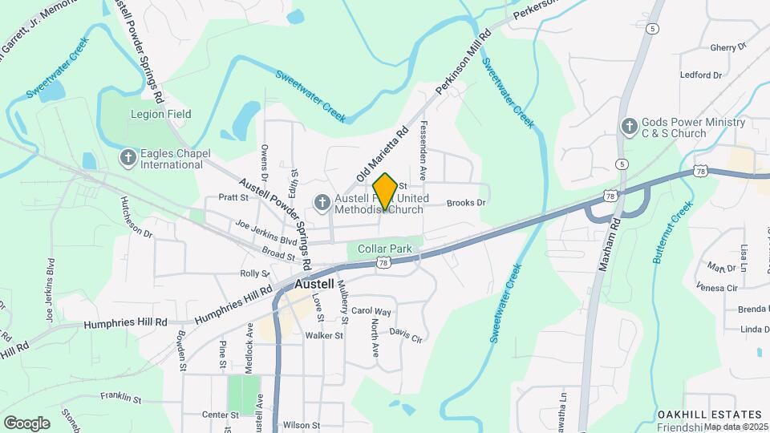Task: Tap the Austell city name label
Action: [x=319, y=284]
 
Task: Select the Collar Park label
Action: [x=385, y=249]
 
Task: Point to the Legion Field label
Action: [x=161, y=114]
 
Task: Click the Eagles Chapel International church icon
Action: [x=128, y=158]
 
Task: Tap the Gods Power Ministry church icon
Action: [x=630, y=126]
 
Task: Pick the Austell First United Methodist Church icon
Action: [x=322, y=204]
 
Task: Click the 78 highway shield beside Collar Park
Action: [x=383, y=263]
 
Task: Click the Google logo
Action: [x=26, y=423]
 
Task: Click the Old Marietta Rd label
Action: [x=382, y=152]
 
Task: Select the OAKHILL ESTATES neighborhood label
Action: [x=709, y=414]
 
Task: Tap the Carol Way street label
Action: [x=371, y=310]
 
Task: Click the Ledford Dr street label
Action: [x=701, y=75]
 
